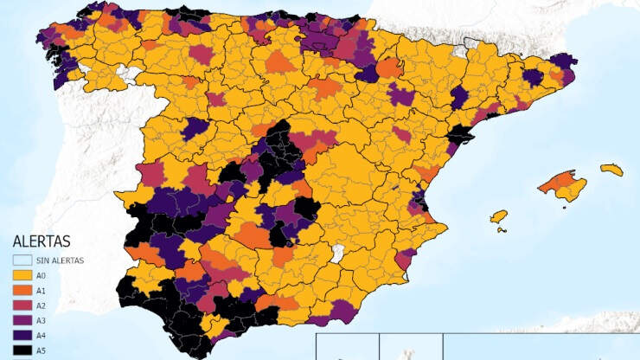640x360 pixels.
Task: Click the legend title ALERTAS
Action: [x=41, y=241]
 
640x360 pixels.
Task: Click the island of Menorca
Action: [x=611, y=170]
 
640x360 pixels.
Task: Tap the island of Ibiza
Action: [x=499, y=216]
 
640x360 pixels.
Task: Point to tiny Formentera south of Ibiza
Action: [x=501, y=229]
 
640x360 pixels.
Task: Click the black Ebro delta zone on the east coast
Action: [x=461, y=134]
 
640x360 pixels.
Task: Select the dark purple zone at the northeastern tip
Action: [x=564, y=61]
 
